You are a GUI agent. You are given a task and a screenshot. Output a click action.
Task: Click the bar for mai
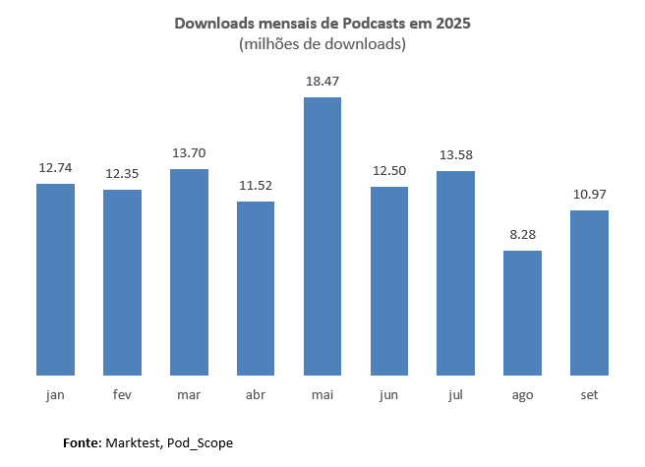[322, 236]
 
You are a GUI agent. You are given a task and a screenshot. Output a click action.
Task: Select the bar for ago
[522, 313]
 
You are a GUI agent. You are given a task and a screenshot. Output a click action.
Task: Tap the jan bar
[55, 279]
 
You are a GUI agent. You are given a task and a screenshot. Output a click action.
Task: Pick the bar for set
[589, 292]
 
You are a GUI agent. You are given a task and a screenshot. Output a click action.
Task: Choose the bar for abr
[256, 288]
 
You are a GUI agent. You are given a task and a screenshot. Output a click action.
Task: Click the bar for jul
[455, 272]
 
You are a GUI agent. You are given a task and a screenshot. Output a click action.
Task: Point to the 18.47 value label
[322, 81]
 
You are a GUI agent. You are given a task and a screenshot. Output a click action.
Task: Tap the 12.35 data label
[122, 173]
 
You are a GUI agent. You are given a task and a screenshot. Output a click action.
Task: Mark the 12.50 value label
[388, 170]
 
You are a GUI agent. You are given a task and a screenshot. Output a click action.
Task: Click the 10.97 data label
[589, 194]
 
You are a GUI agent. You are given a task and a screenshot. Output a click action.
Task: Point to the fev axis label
[122, 394]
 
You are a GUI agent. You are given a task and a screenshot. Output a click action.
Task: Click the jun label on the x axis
[388, 394]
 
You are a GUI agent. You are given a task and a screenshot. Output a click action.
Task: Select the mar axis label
[189, 394]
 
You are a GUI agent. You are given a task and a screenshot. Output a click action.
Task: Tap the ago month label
[522, 395]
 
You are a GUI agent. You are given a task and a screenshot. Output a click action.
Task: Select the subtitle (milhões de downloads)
[322, 44]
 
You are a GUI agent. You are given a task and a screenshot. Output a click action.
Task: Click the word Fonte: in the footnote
[81, 443]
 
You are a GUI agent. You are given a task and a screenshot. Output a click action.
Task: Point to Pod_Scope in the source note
[200, 443]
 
